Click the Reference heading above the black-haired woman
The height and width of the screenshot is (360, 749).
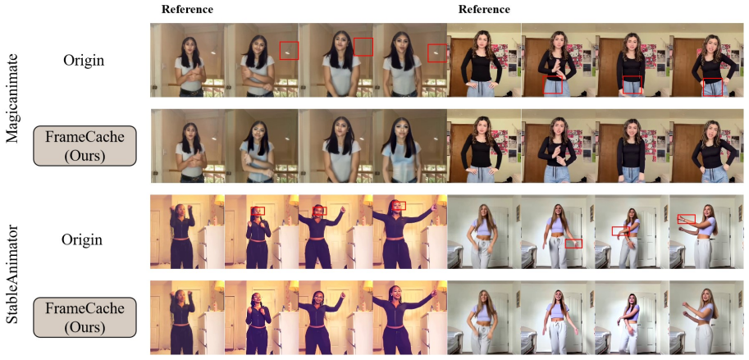[187, 9]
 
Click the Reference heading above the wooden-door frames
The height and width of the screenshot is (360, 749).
[484, 9]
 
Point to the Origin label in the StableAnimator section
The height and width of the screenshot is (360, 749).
[82, 239]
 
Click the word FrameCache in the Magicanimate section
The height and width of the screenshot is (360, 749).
[85, 137]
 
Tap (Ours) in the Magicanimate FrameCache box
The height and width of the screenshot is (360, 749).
[85, 155]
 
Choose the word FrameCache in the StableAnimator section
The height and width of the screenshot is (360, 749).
[85, 308]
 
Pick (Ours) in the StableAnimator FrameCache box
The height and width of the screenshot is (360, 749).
[85, 326]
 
